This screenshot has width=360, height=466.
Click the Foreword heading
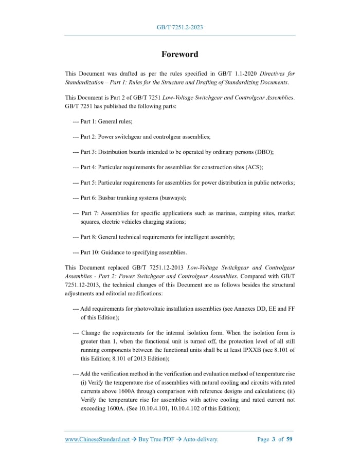[179, 54]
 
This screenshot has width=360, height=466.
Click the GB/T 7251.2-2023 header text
[179, 27]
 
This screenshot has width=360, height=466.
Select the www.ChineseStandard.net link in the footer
[97, 439]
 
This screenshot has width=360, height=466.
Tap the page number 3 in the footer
[274, 439]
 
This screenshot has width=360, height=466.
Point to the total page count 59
[290, 439]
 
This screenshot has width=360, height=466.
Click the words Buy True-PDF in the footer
[156, 439]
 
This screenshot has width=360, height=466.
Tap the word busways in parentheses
[171, 198]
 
